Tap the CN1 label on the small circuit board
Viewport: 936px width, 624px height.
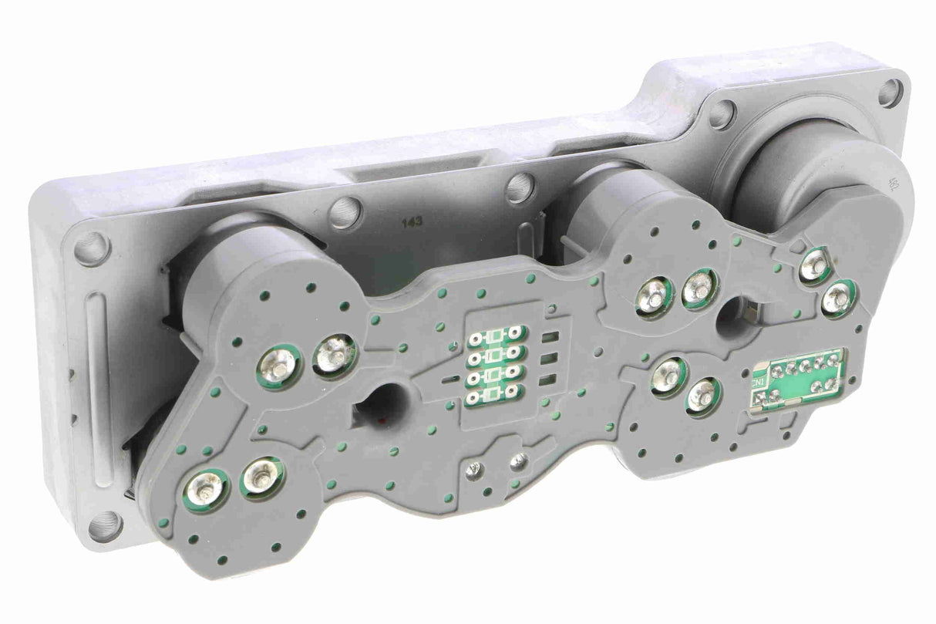tap(759, 383)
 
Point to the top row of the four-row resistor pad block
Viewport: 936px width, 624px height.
tap(494, 337)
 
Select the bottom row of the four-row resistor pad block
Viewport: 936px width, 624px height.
tap(494, 397)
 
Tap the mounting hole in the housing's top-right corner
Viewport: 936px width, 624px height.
tap(890, 93)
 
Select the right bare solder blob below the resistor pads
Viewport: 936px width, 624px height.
tap(520, 460)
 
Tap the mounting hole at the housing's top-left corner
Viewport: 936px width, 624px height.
tap(92, 248)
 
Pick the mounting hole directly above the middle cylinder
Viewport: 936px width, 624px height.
tap(521, 187)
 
